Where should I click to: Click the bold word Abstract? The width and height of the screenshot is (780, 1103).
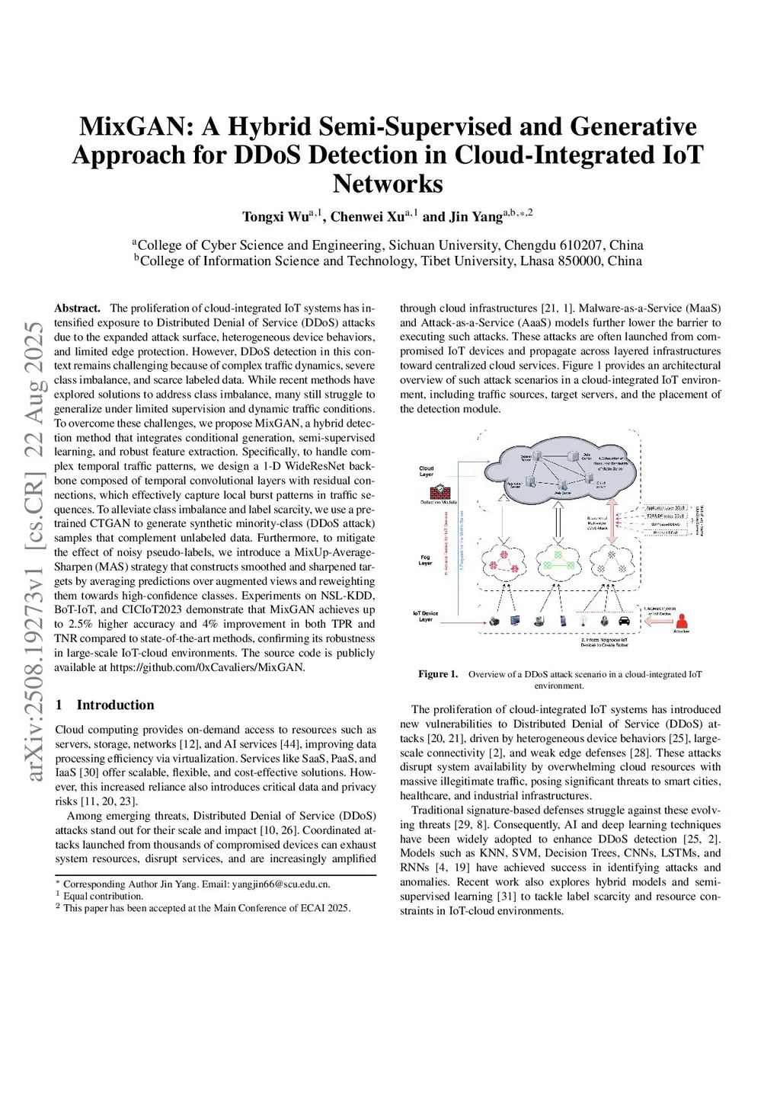[77, 309]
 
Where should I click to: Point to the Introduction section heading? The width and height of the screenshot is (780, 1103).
[115, 705]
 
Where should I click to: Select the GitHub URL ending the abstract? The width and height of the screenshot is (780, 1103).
[207, 667]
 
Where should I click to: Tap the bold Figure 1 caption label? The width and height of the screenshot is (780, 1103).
[438, 674]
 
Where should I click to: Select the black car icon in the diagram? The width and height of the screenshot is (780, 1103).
[625, 621]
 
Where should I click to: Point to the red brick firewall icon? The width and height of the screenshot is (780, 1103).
[438, 491]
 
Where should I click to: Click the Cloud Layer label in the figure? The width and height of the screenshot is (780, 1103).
[427, 472]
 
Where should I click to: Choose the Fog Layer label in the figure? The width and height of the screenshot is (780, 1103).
[425, 561]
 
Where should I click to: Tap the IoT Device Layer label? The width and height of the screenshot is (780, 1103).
[426, 616]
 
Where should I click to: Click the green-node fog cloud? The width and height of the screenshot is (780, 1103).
[556, 562]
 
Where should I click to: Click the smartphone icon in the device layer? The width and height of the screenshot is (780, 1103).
[563, 621]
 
